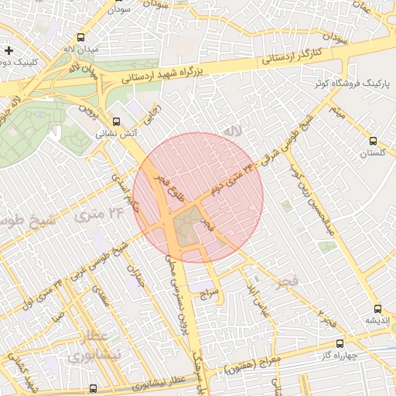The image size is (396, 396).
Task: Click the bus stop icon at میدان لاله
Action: [x=81, y=37]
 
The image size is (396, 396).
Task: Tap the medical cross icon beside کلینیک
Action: [x=9, y=50]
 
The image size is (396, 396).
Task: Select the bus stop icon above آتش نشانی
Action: [x=116, y=121]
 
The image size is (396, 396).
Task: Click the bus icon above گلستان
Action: [x=374, y=141]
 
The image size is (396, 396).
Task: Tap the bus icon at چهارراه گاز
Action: [x=340, y=343]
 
